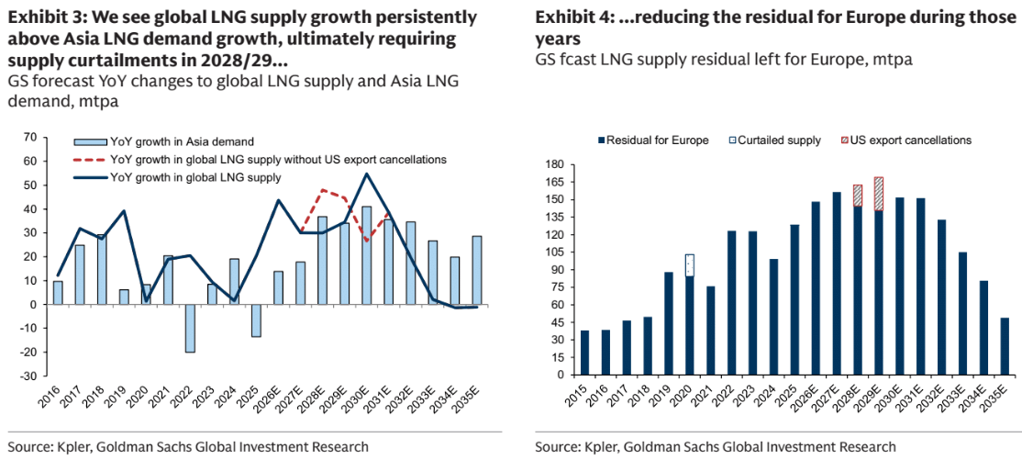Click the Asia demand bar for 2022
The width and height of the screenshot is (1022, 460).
pyautogui.click(x=191, y=328)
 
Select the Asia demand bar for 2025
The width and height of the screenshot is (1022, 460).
pyautogui.click(x=257, y=320)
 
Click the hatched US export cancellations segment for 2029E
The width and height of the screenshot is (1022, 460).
pyautogui.click(x=878, y=194)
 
